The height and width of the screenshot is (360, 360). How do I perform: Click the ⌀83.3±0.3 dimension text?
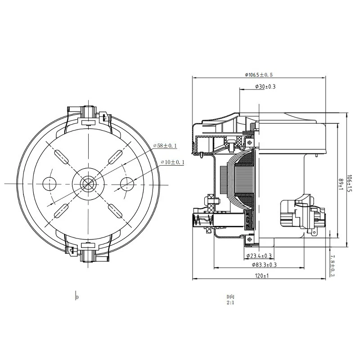[x=261, y=265]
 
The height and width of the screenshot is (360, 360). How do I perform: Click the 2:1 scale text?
[x=230, y=303]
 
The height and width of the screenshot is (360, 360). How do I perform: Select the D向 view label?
[x=230, y=297]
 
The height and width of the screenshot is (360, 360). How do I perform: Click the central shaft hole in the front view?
[x=89, y=183]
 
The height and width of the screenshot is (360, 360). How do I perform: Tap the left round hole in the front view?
[x=49, y=183]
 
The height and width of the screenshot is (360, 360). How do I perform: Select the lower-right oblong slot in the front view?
[x=116, y=210]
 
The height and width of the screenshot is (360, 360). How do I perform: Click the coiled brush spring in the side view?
[x=201, y=221]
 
